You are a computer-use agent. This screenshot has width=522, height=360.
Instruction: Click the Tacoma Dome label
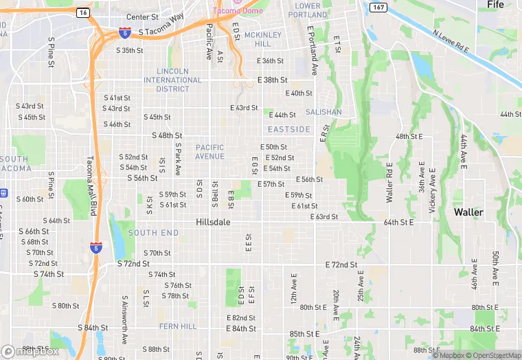237,11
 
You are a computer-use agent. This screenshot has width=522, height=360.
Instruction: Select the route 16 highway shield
83,12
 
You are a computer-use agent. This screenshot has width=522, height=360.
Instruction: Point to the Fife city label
495,5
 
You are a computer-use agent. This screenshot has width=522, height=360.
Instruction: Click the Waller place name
468,212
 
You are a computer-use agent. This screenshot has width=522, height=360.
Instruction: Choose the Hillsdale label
213,223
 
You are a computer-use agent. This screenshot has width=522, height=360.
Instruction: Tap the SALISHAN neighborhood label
324,112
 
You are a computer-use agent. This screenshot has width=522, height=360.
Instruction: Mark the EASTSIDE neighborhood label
289,129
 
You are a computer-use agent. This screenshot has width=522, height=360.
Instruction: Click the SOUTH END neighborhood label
153,233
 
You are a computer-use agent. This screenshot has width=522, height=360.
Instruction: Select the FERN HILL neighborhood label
178,326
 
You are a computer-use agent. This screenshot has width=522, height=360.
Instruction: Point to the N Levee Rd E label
451,41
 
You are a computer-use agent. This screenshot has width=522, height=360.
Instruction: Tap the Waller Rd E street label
389,185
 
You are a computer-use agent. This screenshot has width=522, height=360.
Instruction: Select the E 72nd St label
341,265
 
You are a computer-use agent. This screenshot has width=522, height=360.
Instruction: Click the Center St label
142,17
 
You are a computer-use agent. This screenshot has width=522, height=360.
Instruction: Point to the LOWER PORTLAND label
308,10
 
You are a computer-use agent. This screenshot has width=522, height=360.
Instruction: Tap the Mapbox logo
30,351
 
